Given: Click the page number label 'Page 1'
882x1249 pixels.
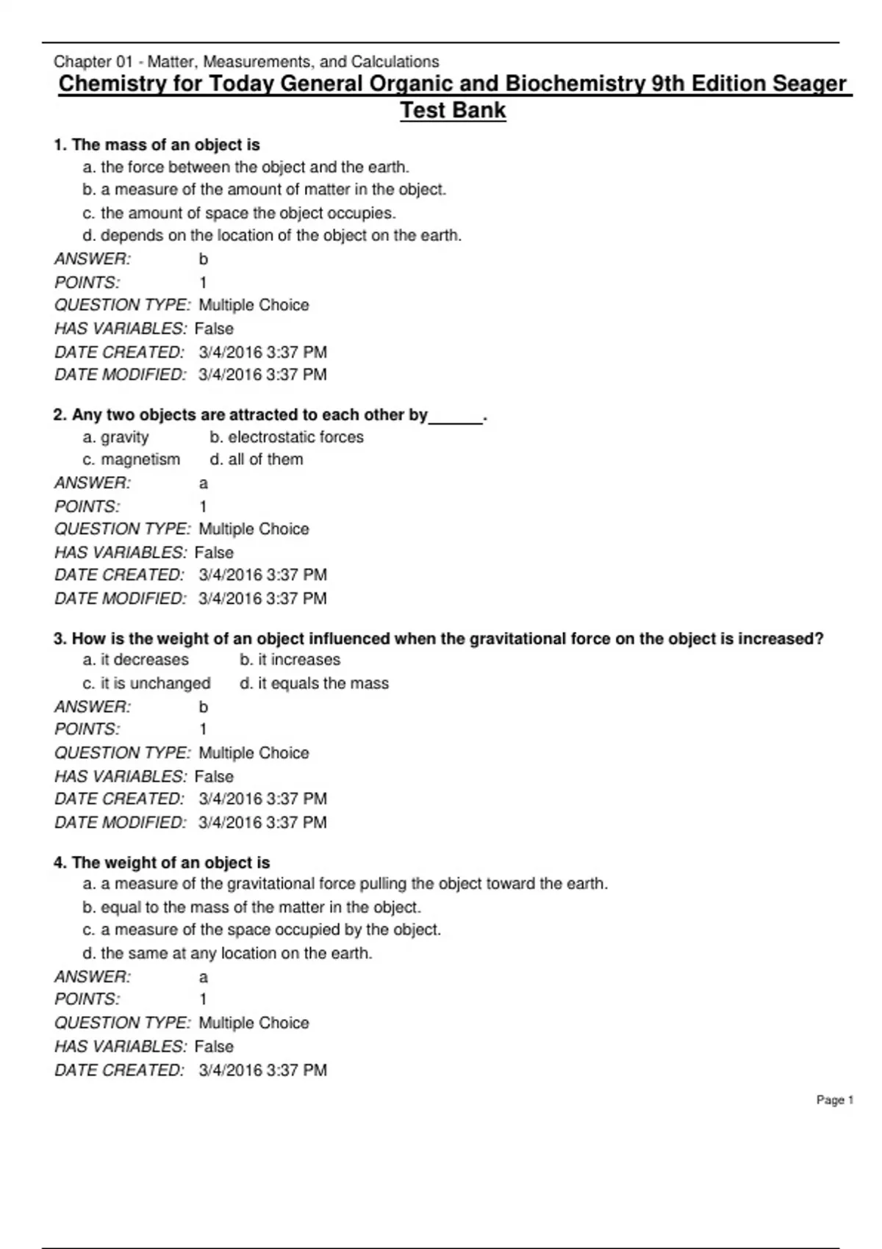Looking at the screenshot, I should coord(834,1100).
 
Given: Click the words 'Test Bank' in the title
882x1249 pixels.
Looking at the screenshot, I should coord(453,110).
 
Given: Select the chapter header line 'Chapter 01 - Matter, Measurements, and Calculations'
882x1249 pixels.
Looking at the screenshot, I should coord(246,62).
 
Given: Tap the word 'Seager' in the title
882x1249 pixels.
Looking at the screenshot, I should coord(808,84).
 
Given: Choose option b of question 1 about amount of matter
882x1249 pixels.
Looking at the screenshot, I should coord(265,190).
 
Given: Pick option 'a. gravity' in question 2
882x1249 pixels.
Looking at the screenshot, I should coord(116,437).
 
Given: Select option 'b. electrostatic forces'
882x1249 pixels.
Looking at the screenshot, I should coord(287,437).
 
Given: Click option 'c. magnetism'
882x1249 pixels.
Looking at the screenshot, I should coord(132,459).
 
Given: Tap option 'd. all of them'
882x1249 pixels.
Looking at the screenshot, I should coord(257,459).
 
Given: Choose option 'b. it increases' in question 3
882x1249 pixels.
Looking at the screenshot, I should coord(290,660).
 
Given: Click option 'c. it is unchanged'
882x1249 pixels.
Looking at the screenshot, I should coord(147,683).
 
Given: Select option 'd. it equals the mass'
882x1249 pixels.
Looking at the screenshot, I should coord(315,683).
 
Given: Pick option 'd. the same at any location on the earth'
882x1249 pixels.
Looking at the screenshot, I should coord(228,953).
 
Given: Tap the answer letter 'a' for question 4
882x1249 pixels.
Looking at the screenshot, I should coord(204,977).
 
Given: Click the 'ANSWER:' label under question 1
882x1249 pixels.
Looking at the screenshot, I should coord(93,259).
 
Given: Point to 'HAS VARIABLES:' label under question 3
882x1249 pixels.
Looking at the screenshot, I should coord(121,776).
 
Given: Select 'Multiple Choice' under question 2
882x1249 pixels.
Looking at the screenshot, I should coord(254,529).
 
